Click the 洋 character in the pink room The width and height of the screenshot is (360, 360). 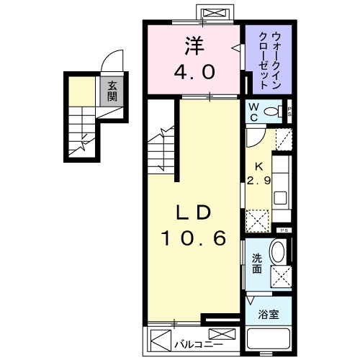[192, 46]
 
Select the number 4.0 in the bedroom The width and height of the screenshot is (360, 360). [192, 72]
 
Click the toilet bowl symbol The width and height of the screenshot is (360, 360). [273, 111]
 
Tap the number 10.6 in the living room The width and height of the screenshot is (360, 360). [192, 238]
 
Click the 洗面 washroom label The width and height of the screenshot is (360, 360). [257, 264]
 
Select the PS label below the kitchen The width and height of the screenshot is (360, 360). [285, 230]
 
